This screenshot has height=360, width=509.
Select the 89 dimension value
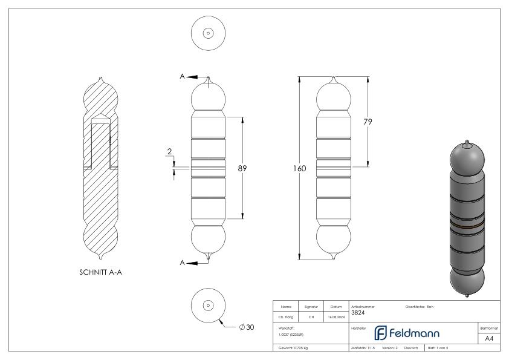pos(242,169)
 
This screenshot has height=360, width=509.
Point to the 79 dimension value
pos(366,122)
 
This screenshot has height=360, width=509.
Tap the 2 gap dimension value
pos(170,151)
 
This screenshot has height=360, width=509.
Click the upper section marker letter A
pos(182,76)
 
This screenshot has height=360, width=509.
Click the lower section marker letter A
pos(182,263)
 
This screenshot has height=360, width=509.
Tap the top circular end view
pos(209,33)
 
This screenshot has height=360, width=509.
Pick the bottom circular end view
pos(209,306)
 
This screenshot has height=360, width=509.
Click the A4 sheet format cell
pos(490,339)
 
